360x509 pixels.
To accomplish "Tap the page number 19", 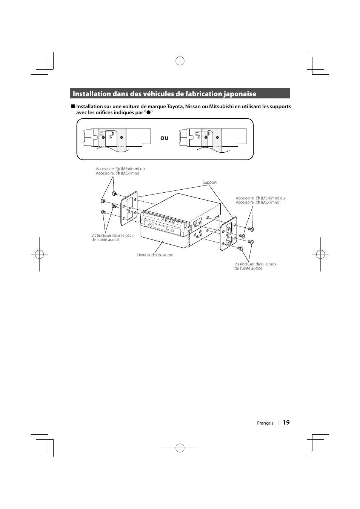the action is pyautogui.click(x=286, y=423).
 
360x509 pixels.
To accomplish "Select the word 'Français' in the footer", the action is pyautogui.click(x=265, y=423).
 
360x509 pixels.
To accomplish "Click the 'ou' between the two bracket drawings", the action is pyautogui.click(x=164, y=138).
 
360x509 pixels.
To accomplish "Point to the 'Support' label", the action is pyautogui.click(x=209, y=182).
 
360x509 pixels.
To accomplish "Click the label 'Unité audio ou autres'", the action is pyautogui.click(x=155, y=255).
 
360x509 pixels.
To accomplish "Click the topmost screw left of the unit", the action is pyautogui.click(x=114, y=193).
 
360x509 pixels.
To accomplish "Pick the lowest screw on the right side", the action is pyautogui.click(x=240, y=248).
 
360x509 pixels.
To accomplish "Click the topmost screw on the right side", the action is pyautogui.click(x=252, y=229).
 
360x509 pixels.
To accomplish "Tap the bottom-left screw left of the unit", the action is pyautogui.click(x=103, y=212).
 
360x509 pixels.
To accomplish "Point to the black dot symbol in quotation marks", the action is pyautogui.click(x=149, y=112).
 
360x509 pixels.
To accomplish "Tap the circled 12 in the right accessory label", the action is pyautogui.click(x=257, y=202).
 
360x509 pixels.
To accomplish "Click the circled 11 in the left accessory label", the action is pyautogui.click(x=117, y=169).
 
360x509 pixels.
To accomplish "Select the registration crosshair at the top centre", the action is pyautogui.click(x=180, y=60).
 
